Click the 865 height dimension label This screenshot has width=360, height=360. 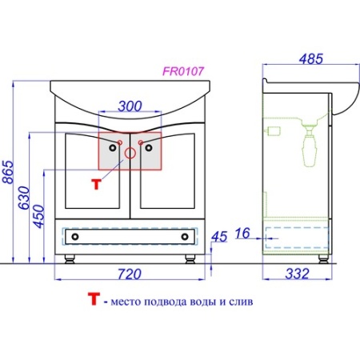point(8,172)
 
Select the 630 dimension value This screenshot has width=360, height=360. point(24,198)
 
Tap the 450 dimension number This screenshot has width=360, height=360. point(39,216)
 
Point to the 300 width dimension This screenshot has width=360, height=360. point(130,106)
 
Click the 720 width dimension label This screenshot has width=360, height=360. point(130,274)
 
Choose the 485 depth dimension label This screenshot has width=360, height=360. point(311,59)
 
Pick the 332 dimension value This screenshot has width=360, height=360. point(298,274)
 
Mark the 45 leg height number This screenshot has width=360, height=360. point(219,237)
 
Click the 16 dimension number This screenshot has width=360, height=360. point(242,233)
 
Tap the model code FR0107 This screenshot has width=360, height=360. point(183,71)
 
